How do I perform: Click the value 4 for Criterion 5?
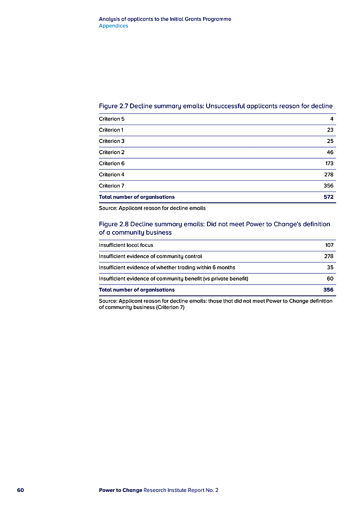click(331, 119)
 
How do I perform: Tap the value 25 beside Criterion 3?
click(330, 141)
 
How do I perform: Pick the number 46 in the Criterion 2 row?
click(330, 152)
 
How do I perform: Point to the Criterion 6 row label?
click(112, 164)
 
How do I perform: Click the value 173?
click(329, 164)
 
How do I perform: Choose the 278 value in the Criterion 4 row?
click(328, 174)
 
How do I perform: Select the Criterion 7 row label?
click(112, 186)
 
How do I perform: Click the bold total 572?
click(328, 197)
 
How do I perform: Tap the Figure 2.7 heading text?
click(216, 106)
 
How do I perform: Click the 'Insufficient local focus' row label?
click(126, 245)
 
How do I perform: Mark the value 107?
click(329, 245)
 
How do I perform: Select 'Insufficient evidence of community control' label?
click(150, 256)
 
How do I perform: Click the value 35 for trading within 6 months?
click(330, 268)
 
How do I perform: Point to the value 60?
click(330, 279)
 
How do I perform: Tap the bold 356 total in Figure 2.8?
click(328, 290)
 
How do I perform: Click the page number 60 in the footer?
click(20, 490)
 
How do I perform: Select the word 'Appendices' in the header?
click(113, 26)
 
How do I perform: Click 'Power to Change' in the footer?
click(120, 490)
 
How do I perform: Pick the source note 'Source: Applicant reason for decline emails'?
click(152, 208)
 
